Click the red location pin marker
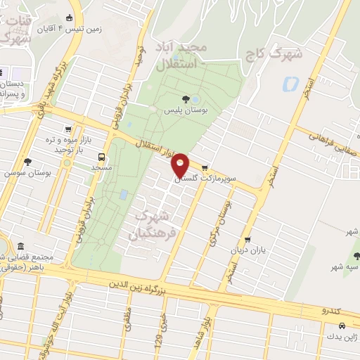coord(180,164)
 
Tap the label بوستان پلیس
coord(179,110)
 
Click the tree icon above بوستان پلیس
coord(185,99)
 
